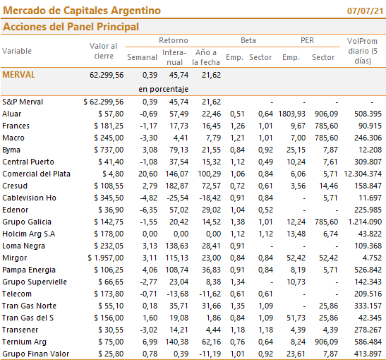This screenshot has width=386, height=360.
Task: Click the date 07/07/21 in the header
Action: pos(366,11)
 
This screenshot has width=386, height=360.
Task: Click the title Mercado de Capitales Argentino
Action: pos(82,11)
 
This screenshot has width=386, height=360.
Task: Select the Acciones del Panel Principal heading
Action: pos(71,27)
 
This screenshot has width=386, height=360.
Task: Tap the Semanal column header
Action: pos(142,57)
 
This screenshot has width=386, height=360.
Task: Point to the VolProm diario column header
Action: pos(363,51)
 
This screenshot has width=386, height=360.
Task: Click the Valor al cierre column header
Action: pos(104,51)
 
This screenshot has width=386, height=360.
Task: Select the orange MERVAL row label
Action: pos(19,75)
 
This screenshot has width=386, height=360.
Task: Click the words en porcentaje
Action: pos(163,89)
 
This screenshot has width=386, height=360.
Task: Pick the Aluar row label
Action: pos(12,114)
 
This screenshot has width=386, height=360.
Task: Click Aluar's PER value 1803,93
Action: pos(291,114)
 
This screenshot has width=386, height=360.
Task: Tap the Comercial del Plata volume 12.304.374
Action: pos(363,174)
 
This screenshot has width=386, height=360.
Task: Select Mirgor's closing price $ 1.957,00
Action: pos(106,258)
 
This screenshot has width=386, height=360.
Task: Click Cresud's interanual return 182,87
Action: pos(176,186)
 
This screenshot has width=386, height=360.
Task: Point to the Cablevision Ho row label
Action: pos(30,198)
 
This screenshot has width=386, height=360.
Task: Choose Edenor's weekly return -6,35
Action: pos(149,210)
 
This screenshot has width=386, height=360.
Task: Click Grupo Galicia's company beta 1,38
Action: pos(237,222)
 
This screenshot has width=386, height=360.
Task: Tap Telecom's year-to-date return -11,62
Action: pos(210,294)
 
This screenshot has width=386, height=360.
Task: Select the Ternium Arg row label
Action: pos(24,342)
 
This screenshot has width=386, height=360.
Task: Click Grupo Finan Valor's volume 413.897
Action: pos(368,354)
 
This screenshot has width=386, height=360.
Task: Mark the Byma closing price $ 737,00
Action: pos(109,150)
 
